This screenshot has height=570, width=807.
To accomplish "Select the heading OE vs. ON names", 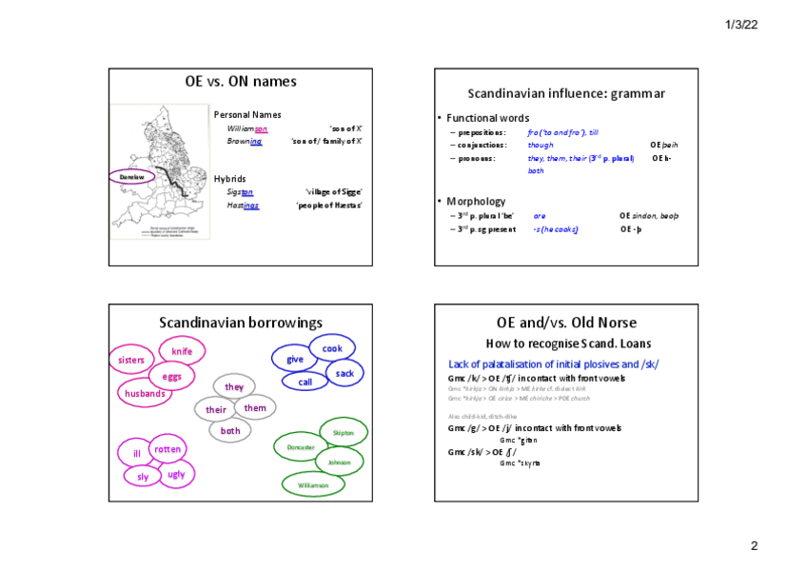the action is point(240,82).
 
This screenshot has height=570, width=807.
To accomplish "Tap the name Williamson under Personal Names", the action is point(247,128).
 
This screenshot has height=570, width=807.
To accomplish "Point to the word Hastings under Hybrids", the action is point(243,205).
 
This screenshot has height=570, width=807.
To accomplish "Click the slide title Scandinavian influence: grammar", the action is point(566,93).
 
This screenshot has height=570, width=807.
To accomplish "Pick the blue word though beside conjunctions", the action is point(540,145).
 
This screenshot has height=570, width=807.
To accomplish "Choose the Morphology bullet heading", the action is point(476,201).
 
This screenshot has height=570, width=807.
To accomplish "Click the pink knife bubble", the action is point(182,352).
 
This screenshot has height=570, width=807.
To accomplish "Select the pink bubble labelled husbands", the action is point(146,393).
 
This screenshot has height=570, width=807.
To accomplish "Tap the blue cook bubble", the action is point(332,349).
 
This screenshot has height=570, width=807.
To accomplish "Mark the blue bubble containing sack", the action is point(344,374).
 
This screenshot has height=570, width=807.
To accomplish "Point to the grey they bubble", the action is point(234,387).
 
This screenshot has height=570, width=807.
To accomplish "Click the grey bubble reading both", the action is point(230,431).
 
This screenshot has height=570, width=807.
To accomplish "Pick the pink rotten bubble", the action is point(167,449).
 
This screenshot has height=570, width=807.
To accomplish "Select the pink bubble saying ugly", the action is point(176,474).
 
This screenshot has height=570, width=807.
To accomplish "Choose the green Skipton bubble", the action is point(343,433).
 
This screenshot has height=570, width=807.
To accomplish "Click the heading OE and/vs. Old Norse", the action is point(566,323).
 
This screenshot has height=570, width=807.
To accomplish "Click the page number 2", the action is point(754,546).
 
